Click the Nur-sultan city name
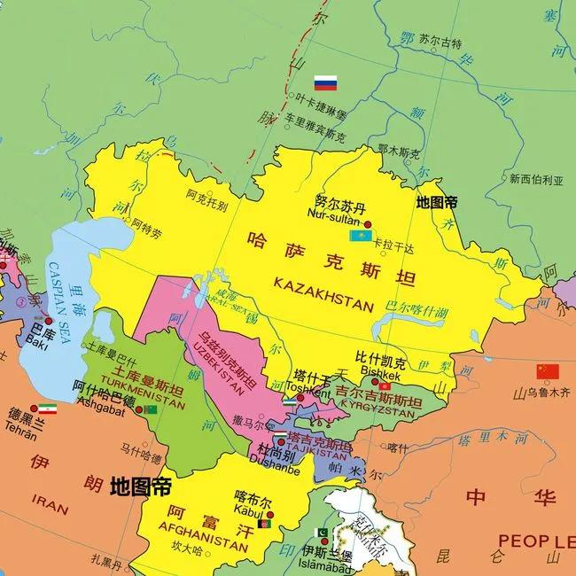(x=332, y=214)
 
